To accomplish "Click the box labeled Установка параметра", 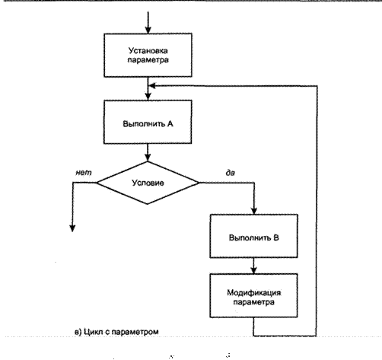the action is [148, 55].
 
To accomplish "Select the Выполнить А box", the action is [148, 122].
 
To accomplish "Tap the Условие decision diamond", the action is [148, 183].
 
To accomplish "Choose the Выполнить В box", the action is [254, 236].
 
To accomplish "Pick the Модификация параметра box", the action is [253, 295].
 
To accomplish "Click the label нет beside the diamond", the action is [84, 173].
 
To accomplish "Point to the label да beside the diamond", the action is [231, 173].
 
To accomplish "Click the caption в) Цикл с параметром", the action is [116, 332].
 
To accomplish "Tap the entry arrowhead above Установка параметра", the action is [148, 30].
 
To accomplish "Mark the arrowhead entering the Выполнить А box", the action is [148, 97].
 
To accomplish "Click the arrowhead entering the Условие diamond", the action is [148, 158].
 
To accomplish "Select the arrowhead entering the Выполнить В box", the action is [254, 211].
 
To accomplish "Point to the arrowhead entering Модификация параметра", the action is [253, 270].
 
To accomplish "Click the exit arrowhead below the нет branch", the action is [72, 228].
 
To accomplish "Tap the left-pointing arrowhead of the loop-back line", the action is [152, 86].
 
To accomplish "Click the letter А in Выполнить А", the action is [170, 124].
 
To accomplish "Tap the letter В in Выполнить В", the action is [276, 237].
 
